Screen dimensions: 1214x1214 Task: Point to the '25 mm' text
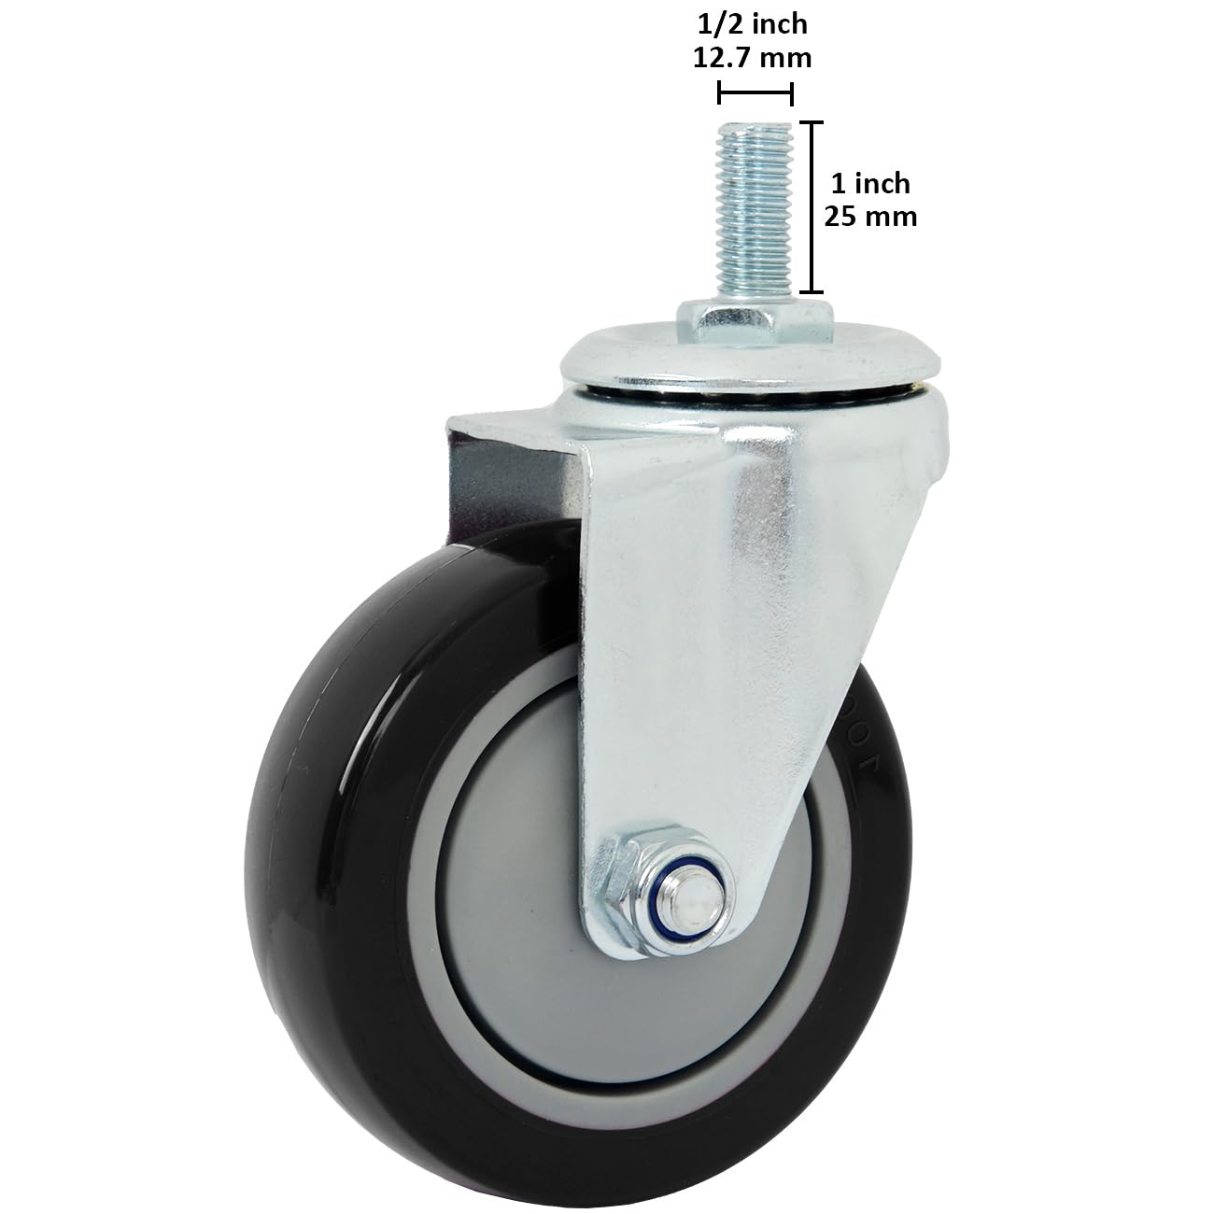tap(870, 217)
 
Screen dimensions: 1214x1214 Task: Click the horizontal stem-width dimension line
tap(755, 93)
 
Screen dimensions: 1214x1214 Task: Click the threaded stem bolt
tap(755, 215)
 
